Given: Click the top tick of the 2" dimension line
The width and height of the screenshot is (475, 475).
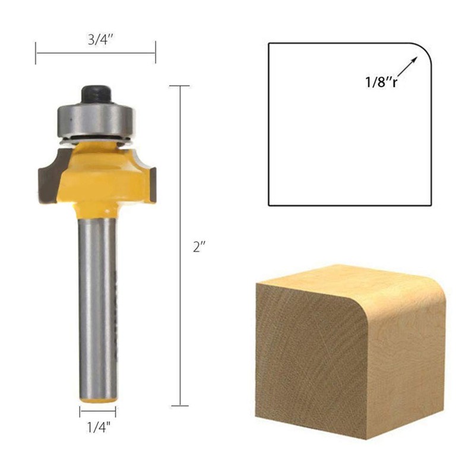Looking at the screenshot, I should pyautogui.click(x=179, y=87).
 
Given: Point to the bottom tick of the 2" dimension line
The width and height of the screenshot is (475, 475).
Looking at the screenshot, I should pyautogui.click(x=179, y=406).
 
